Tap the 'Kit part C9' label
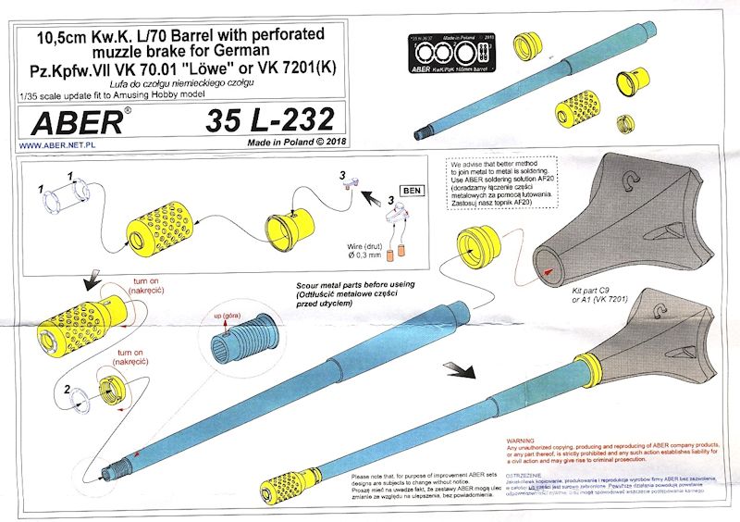tap(586, 290)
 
